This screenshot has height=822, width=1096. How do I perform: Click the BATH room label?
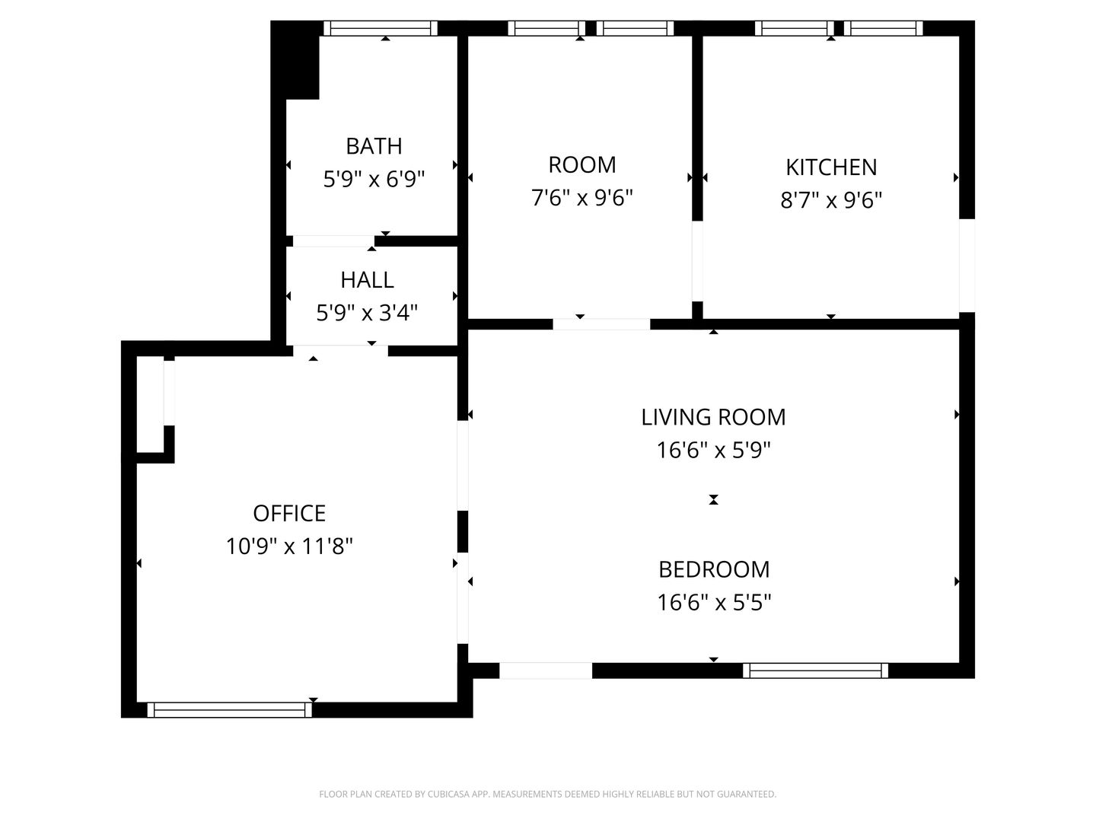(x=374, y=146)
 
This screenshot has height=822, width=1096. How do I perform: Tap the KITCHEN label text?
(x=831, y=167)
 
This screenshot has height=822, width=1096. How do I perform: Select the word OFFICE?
(x=290, y=514)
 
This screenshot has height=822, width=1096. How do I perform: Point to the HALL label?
(x=367, y=280)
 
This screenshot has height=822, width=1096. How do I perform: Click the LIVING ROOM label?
(x=713, y=417)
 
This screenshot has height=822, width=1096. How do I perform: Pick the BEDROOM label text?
(x=714, y=570)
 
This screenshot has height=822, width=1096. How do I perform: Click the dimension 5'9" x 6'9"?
(x=374, y=179)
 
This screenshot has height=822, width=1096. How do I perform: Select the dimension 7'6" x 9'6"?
(x=582, y=198)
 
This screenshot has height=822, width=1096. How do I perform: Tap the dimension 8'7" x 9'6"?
(x=831, y=201)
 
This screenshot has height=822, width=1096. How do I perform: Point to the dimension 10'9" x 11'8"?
(x=290, y=546)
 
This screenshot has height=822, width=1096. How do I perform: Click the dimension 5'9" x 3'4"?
(x=367, y=314)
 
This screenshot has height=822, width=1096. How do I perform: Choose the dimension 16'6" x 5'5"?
(x=714, y=603)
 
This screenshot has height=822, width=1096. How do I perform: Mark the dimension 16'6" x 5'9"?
(x=713, y=451)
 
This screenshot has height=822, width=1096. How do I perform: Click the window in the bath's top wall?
(x=381, y=28)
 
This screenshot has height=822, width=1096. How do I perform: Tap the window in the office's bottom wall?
(x=230, y=709)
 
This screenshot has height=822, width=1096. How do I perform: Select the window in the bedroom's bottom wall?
(x=816, y=671)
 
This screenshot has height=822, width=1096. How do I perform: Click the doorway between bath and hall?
(x=333, y=241)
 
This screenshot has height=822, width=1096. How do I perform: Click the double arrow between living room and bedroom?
(x=713, y=499)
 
